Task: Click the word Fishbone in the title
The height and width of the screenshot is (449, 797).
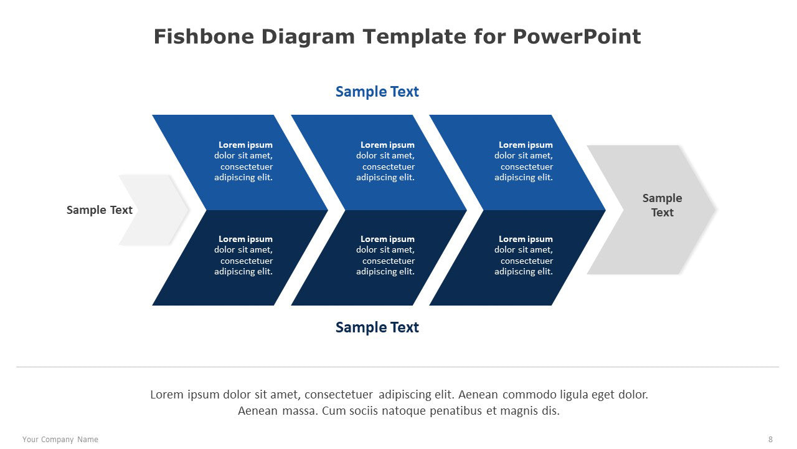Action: tap(204, 37)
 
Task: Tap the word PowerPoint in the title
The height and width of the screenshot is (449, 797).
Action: tap(577, 37)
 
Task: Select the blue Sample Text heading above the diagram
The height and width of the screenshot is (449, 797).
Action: tap(377, 92)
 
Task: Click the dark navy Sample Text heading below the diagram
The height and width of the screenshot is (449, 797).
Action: tap(377, 327)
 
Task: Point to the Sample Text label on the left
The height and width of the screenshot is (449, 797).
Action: tap(99, 210)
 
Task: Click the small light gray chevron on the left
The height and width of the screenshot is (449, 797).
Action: tap(154, 210)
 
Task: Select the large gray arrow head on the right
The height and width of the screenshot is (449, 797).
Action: tap(651, 210)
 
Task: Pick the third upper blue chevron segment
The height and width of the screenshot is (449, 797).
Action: tap(517, 163)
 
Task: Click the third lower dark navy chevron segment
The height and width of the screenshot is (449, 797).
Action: tap(517, 258)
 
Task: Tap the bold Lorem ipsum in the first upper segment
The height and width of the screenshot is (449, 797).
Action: tap(245, 145)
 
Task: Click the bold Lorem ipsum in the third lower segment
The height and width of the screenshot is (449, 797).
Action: tap(526, 239)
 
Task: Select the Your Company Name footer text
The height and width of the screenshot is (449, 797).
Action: tap(60, 440)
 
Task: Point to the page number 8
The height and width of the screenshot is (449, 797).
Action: tap(770, 440)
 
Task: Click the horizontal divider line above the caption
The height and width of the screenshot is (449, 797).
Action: tap(398, 367)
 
